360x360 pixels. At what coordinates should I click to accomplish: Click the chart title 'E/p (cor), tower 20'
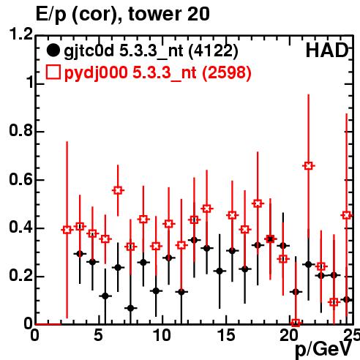click(x=123, y=15)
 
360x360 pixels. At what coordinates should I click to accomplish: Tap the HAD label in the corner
click(x=327, y=50)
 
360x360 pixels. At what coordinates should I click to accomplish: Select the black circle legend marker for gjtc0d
click(x=53, y=50)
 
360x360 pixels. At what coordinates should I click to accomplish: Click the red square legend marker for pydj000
click(x=53, y=72)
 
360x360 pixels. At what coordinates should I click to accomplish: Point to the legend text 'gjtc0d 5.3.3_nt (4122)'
click(x=151, y=51)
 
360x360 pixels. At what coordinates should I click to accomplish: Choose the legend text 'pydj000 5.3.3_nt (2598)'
click(x=157, y=73)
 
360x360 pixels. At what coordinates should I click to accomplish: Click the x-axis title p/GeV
click(x=323, y=350)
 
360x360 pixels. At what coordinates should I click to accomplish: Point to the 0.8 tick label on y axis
click(x=20, y=130)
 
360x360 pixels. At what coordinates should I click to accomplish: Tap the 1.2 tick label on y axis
click(x=20, y=34)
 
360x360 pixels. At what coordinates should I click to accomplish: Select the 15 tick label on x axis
click(x=227, y=335)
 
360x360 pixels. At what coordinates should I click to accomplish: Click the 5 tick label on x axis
click(x=99, y=335)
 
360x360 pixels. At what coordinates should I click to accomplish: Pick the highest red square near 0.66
click(x=309, y=166)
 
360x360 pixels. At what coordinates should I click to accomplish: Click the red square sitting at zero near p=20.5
click(x=296, y=323)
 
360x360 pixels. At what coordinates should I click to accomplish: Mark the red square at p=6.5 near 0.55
click(x=118, y=190)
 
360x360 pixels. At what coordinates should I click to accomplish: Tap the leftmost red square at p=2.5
click(x=67, y=230)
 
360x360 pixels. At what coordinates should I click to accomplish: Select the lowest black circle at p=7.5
click(x=131, y=308)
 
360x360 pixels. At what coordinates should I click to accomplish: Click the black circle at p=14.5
click(x=220, y=271)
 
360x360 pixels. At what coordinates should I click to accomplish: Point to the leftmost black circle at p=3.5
click(x=80, y=254)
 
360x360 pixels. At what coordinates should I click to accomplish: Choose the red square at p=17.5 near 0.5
click(x=258, y=203)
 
